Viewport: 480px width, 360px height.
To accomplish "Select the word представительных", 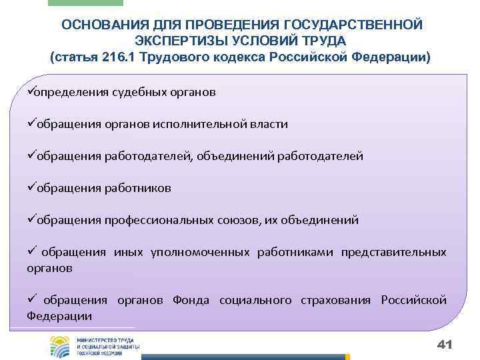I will (x=393, y=252).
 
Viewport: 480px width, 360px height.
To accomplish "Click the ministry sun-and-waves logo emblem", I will (x=61, y=347).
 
